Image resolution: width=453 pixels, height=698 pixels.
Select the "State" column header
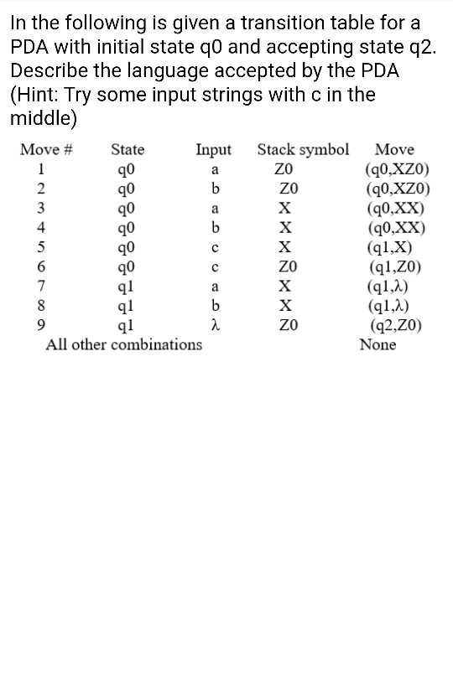point(128,150)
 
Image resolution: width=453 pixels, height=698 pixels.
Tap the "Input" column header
point(213,150)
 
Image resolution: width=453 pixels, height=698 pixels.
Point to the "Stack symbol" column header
point(303,150)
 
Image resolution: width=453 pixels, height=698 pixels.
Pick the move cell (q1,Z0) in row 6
point(394,267)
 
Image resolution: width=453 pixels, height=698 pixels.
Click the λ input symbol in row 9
point(215,326)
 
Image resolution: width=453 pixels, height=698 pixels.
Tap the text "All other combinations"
point(123,344)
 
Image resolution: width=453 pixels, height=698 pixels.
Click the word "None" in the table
point(377,344)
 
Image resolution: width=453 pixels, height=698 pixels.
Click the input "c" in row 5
point(215,248)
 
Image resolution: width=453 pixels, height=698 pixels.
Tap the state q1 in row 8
point(128,307)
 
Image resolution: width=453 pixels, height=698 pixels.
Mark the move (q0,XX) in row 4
point(394,228)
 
